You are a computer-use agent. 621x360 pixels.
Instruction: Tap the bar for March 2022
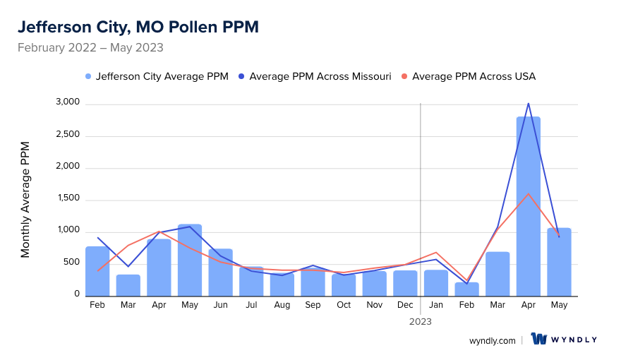click(x=128, y=284)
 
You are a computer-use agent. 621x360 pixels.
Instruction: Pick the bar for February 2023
click(x=467, y=289)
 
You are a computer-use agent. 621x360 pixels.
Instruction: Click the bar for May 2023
click(x=559, y=261)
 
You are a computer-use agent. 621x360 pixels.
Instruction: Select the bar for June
click(x=220, y=272)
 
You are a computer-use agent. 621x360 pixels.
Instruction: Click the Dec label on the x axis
click(x=405, y=305)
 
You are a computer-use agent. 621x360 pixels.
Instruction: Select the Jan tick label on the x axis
click(x=436, y=305)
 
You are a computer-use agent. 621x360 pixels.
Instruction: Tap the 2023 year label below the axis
click(x=421, y=321)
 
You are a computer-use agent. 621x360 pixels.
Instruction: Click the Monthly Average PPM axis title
click(x=25, y=200)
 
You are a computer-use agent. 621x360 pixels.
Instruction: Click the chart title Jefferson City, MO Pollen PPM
click(x=138, y=27)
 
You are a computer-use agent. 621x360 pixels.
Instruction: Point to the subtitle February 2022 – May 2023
click(x=90, y=48)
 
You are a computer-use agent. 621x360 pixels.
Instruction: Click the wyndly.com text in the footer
click(x=492, y=340)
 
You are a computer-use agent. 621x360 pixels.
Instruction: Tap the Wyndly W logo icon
click(x=539, y=340)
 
